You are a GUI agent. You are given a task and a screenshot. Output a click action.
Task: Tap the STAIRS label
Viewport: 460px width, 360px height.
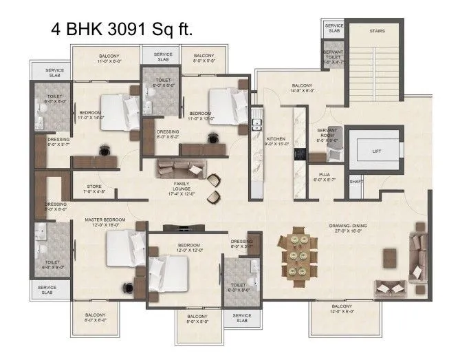pos(377,31)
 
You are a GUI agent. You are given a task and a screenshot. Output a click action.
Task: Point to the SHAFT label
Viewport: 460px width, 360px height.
pos(355,182)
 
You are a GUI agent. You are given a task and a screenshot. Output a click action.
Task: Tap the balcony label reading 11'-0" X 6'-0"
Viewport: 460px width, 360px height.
pos(109,59)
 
